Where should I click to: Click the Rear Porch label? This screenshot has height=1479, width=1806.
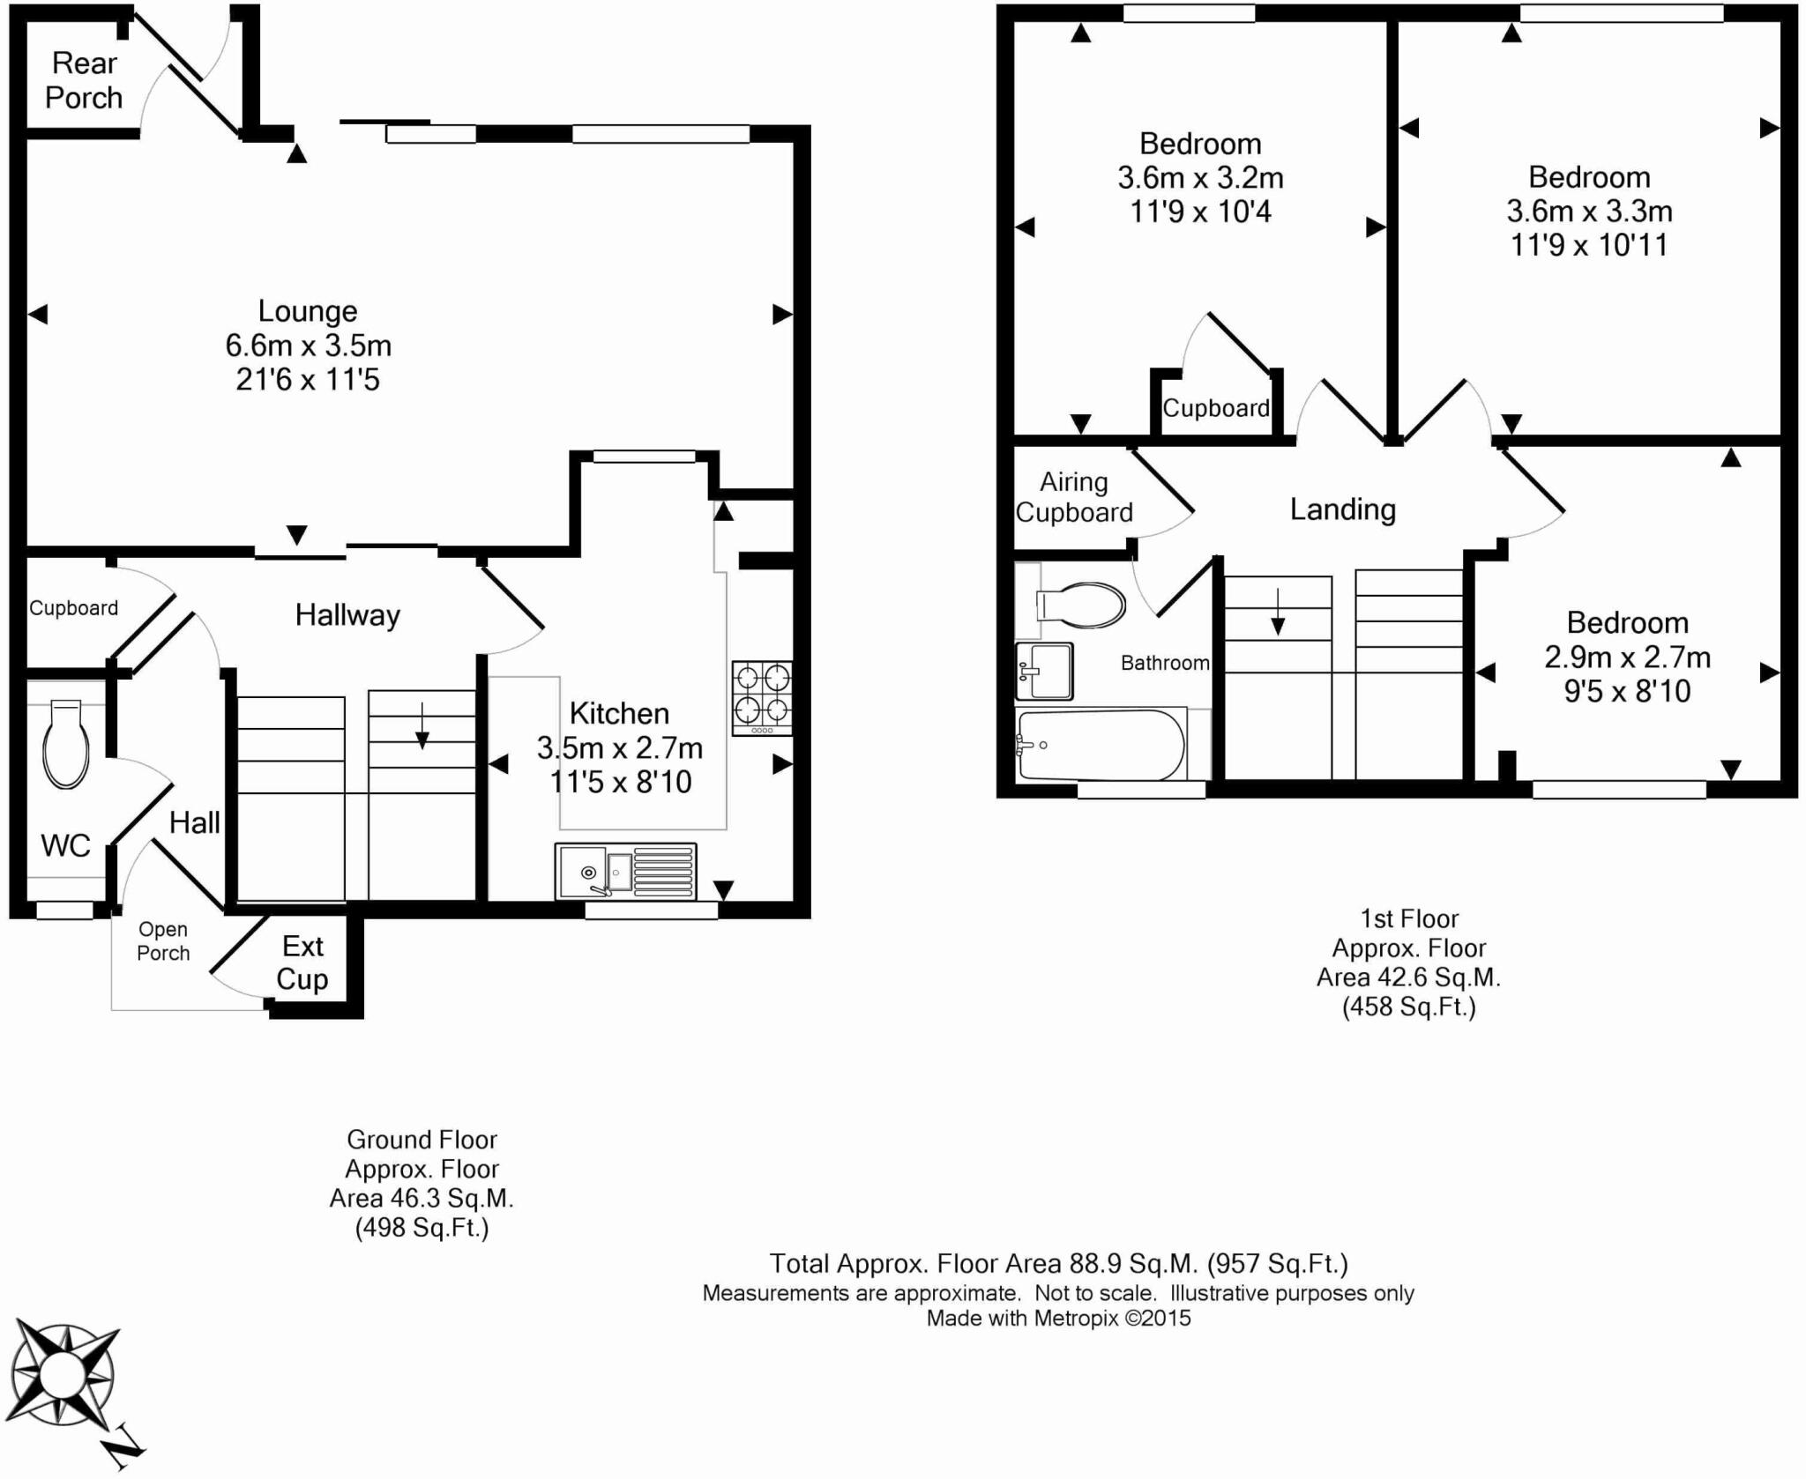(x=84, y=80)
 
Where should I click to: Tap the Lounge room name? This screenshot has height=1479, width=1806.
(x=307, y=311)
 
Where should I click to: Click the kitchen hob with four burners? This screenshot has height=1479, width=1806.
(x=762, y=697)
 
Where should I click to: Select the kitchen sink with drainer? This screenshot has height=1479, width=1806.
(x=625, y=871)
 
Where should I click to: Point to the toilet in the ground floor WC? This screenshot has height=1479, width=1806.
(x=66, y=744)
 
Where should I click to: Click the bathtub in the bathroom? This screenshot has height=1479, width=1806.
(x=1101, y=745)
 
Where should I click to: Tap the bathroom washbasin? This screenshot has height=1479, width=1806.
(x=1044, y=671)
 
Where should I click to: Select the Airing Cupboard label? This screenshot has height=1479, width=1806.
(x=1073, y=497)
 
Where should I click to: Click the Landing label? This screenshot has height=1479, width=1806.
(x=1342, y=509)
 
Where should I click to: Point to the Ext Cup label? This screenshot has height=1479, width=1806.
(x=302, y=962)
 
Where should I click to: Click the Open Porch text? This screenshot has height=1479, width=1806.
(x=163, y=941)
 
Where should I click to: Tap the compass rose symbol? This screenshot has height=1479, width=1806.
(x=63, y=1374)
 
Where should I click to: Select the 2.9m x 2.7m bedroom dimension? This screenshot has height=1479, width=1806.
(x=1627, y=658)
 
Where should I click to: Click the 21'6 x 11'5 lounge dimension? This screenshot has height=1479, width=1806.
(x=307, y=380)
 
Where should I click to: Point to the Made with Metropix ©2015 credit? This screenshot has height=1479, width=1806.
(x=1057, y=1319)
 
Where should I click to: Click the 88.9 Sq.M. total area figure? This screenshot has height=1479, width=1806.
(x=1133, y=1264)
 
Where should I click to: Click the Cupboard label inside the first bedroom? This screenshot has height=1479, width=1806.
(x=1215, y=408)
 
